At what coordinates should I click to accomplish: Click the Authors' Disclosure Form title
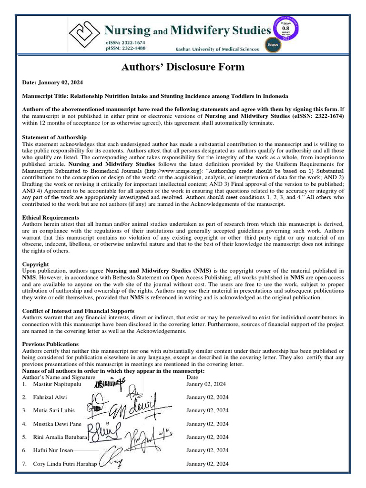click(x=183, y=67)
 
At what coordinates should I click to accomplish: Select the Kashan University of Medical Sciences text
click(x=218, y=49)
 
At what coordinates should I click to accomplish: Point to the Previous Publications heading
click(x=51, y=344)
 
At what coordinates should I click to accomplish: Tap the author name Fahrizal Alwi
click(x=50, y=397)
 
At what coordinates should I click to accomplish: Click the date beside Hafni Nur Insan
click(x=207, y=450)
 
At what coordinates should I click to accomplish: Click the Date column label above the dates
click(x=192, y=377)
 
